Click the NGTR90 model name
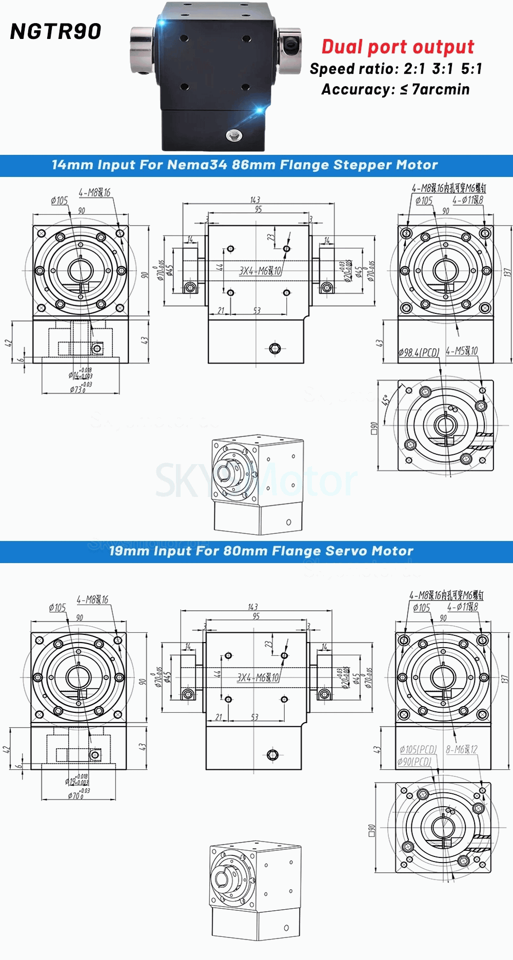pos(55,32)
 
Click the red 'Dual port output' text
pos(398,47)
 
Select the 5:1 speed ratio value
pos(471,69)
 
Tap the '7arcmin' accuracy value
pos(441,89)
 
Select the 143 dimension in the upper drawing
pos(255,200)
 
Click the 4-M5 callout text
pos(462,351)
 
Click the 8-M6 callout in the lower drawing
pos(462,750)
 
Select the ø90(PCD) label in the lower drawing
pos(415,762)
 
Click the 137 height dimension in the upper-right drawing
pos(507,272)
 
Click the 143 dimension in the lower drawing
pos(253,607)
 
